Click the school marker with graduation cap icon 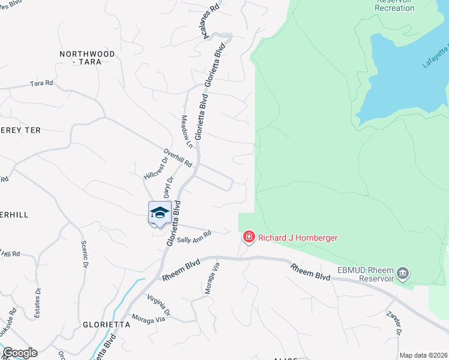[160, 213]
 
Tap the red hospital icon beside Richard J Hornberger [249, 238]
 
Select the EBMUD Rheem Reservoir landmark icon [403, 274]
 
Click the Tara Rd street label [41, 84]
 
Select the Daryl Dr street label [168, 188]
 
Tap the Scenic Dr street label [85, 254]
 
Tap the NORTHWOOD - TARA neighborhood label [87, 58]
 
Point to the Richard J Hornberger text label [298, 238]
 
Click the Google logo [20, 353]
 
